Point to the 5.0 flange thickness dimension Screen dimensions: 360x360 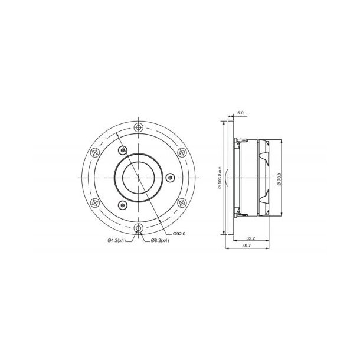coord(240,112)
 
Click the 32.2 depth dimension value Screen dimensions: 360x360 coord(250,238)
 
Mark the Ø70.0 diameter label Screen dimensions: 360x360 coord(277,177)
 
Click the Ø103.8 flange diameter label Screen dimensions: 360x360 coord(220,177)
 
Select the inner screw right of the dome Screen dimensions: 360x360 coord(171,178)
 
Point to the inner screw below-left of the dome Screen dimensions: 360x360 coord(122,205)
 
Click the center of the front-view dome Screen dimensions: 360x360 coord(139,178)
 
